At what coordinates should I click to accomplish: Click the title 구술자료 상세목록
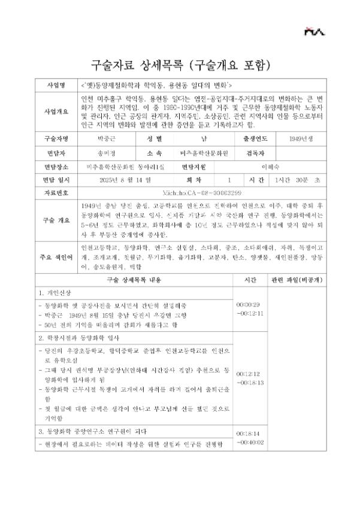138,63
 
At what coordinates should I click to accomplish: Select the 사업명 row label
55,84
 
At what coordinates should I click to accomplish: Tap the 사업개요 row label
55,111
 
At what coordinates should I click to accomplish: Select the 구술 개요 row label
55,220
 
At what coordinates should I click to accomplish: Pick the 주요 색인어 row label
55,257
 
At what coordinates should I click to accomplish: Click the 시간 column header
250,280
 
